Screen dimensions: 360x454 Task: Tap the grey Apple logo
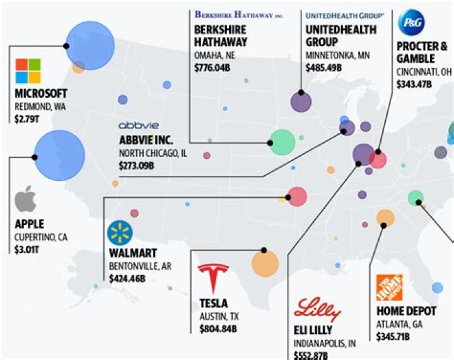(26, 200)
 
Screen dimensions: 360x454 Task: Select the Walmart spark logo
(120, 233)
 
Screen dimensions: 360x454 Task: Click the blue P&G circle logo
(411, 23)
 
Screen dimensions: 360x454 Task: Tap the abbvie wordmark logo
(139, 125)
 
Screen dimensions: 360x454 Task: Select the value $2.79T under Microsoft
(26, 118)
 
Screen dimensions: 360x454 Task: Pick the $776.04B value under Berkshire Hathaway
(212, 66)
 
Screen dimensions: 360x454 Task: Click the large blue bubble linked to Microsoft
(90, 45)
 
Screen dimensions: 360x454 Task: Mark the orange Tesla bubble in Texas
(265, 263)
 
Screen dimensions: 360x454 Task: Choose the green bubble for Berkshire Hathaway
(282, 142)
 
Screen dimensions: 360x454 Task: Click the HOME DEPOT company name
(404, 311)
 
